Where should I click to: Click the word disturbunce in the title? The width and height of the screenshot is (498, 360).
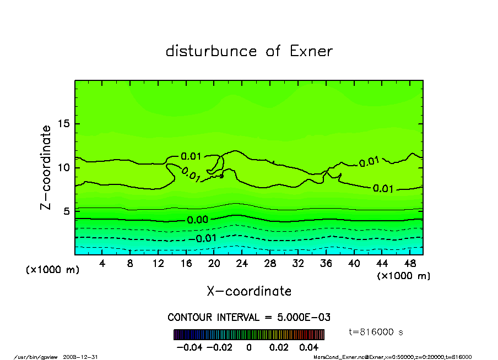coord(211,52)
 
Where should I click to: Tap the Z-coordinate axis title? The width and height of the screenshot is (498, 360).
coord(46,167)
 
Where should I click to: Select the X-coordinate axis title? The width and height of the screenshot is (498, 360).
coord(249,291)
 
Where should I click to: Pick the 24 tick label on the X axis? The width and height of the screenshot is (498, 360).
coord(242,264)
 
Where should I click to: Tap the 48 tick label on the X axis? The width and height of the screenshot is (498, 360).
coord(409,264)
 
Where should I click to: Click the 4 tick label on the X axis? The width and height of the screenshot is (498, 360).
coord(102,264)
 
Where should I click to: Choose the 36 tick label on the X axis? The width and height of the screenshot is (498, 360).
coord(326,264)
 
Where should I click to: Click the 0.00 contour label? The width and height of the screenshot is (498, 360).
coord(197,220)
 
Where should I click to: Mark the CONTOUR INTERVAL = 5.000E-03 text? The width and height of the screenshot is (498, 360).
coord(249,318)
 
